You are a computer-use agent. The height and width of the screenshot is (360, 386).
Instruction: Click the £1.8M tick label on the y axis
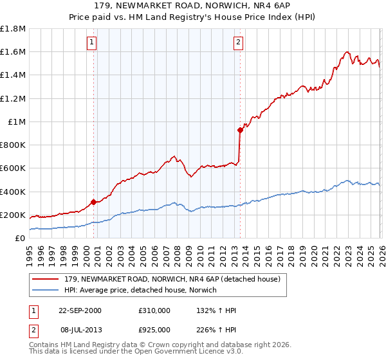click(13, 29)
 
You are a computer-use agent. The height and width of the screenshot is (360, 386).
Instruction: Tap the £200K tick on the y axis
click(13, 215)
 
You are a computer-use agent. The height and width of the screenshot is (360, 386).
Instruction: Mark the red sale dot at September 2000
click(94, 202)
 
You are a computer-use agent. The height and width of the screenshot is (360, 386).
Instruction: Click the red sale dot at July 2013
click(240, 130)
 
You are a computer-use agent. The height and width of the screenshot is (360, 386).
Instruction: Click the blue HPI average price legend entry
click(141, 291)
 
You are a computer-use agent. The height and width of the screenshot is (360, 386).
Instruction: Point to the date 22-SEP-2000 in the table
click(80, 310)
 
